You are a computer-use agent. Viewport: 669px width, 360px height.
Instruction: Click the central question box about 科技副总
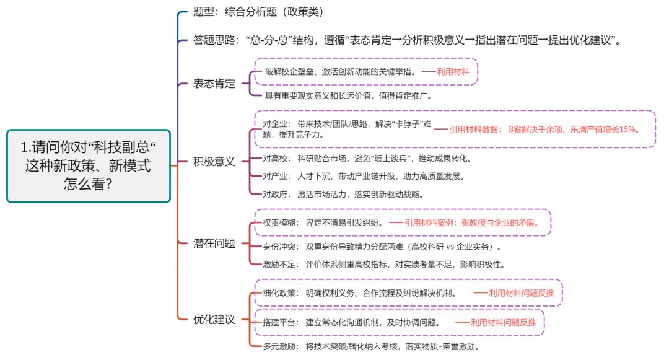(x=89, y=165)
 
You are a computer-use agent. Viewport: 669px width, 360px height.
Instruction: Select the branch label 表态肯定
(x=214, y=84)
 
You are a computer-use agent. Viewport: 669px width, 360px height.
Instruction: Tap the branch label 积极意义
(x=214, y=162)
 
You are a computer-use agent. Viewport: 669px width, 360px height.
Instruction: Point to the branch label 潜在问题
(x=214, y=243)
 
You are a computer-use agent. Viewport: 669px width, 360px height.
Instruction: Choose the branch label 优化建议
(x=214, y=320)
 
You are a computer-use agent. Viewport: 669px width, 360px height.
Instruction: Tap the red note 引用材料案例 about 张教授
(x=471, y=222)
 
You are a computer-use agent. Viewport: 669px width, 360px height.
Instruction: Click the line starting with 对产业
(x=364, y=176)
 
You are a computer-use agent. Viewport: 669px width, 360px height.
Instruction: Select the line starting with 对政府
(x=344, y=194)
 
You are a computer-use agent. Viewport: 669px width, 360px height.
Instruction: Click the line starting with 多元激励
(x=371, y=346)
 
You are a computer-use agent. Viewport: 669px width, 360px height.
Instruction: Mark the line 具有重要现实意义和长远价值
(x=348, y=95)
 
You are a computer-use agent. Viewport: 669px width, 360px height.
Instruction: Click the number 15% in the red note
(x=629, y=130)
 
